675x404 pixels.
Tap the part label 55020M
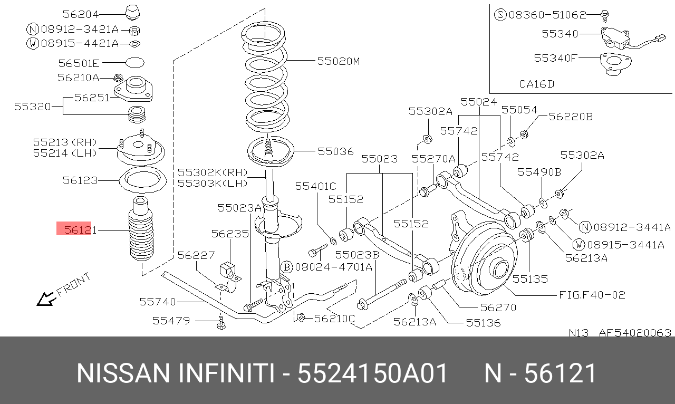tap(338, 61)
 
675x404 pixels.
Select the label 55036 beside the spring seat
tap(335, 151)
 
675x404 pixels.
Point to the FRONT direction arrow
tap(46, 299)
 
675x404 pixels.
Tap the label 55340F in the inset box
tap(555, 57)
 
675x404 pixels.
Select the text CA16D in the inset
tap(536, 84)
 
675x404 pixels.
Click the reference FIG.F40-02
tap(592, 295)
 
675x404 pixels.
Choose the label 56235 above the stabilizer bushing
tap(230, 233)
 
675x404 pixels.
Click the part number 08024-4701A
tap(333, 267)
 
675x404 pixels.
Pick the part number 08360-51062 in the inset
tap(540, 15)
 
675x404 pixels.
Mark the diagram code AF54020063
tap(635, 333)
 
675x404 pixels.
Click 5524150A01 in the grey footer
tap(373, 373)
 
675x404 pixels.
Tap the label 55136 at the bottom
tap(483, 322)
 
